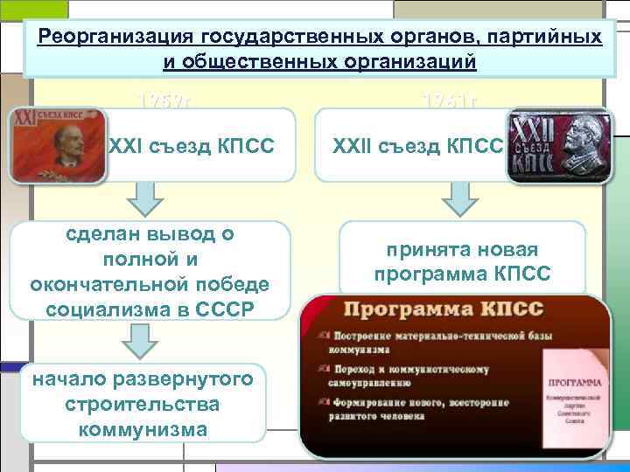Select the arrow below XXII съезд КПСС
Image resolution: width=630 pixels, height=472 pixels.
tap(460, 199)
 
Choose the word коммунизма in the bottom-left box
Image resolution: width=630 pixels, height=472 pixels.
tap(143, 428)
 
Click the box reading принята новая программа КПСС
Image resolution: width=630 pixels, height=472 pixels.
tap(462, 261)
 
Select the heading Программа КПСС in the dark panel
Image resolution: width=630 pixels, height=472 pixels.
tap(444, 310)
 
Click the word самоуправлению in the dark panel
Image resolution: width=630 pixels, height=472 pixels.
tap(378, 382)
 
